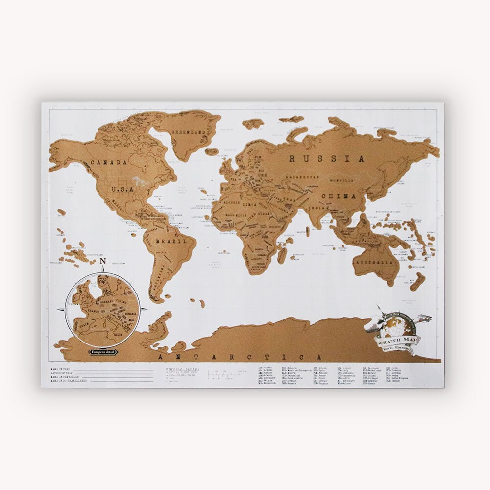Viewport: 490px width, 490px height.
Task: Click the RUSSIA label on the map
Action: pyautogui.click(x=326, y=159)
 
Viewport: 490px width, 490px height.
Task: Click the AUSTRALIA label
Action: pyautogui.click(x=375, y=263)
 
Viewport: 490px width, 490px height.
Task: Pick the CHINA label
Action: pyautogui.click(x=339, y=196)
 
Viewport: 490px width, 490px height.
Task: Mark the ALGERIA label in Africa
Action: pyautogui.click(x=233, y=202)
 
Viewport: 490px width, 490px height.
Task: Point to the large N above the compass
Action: pyautogui.click(x=103, y=262)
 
